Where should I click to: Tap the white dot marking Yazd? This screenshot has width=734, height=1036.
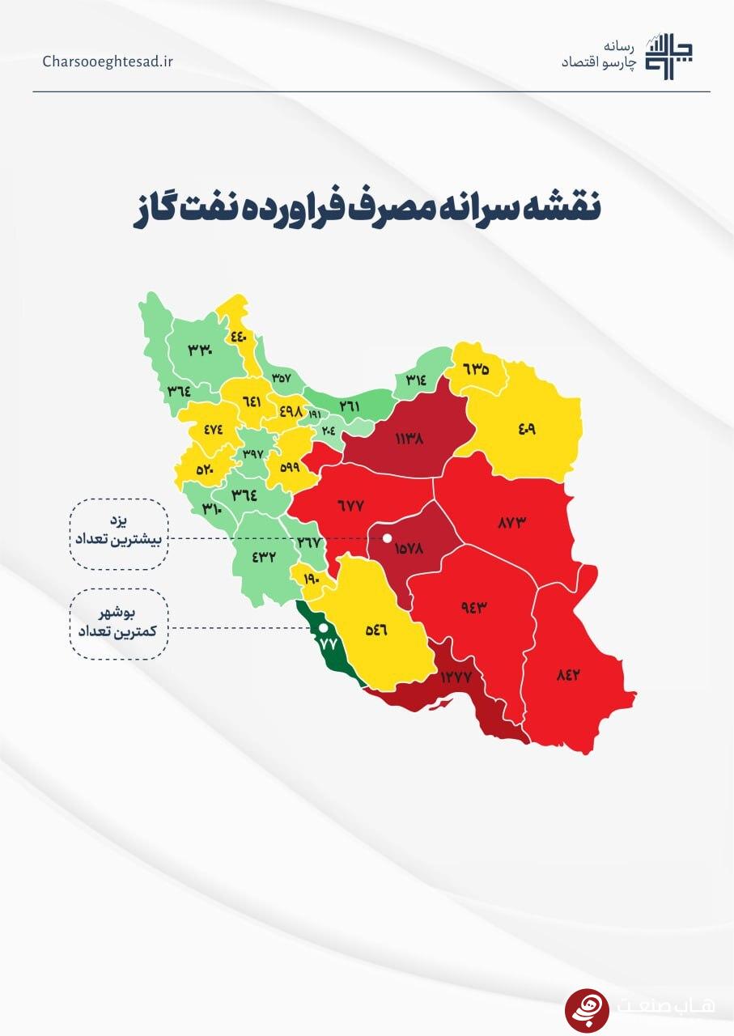point(387,538)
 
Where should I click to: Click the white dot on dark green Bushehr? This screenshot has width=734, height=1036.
point(323,627)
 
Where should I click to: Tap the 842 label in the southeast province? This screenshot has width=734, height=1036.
point(568,675)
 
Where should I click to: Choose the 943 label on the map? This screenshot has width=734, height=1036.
point(477,609)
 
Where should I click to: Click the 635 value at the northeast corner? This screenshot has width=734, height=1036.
point(477,369)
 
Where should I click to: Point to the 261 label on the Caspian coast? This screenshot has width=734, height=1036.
point(350,405)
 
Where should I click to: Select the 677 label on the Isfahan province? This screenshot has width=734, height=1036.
point(350,505)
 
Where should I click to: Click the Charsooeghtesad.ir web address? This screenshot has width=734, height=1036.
point(108,62)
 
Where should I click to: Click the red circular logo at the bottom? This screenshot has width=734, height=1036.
point(587,1009)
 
